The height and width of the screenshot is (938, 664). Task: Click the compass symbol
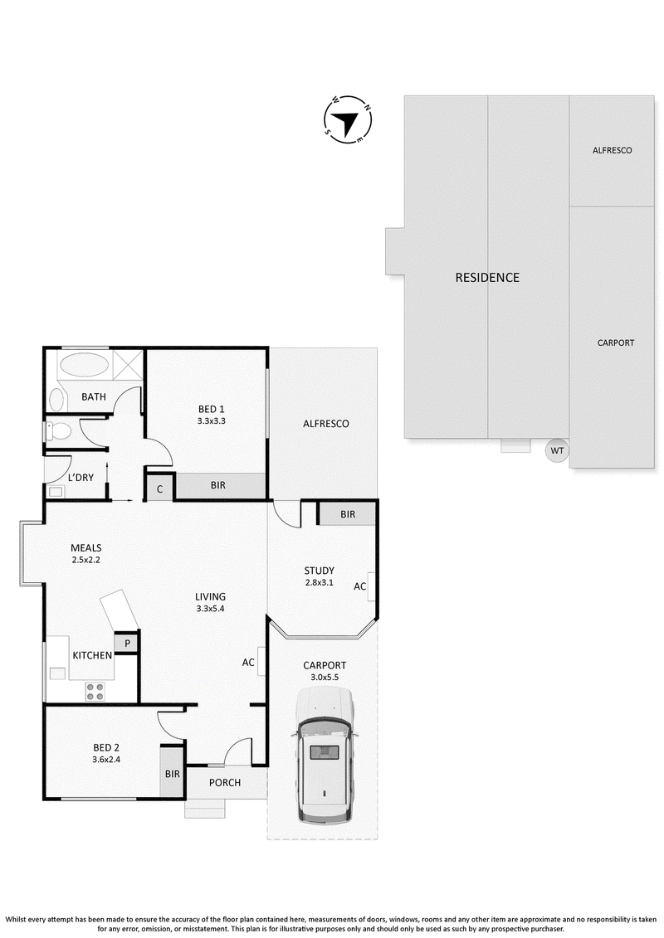[x=348, y=119]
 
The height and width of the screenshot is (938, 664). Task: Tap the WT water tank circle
[x=557, y=450]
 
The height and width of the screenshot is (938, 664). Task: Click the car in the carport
[x=324, y=755]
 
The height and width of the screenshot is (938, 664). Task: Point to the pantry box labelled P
[x=127, y=643]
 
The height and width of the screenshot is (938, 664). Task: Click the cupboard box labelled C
[x=160, y=488]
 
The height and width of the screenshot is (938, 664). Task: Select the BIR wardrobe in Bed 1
[x=219, y=485]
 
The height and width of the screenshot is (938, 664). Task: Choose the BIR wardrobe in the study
[x=347, y=514]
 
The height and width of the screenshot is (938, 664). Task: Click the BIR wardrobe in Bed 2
[x=172, y=773]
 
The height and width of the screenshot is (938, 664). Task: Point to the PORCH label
[x=225, y=782]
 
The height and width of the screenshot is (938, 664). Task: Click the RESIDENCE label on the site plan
[x=487, y=278]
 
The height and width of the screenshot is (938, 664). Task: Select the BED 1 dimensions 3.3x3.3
[x=212, y=420]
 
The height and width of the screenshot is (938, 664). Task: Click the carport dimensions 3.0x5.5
[x=325, y=678]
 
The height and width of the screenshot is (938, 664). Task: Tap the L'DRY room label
[x=81, y=478]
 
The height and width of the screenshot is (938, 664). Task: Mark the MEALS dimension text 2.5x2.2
[x=86, y=560]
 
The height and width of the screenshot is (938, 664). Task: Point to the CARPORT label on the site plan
[x=616, y=343]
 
